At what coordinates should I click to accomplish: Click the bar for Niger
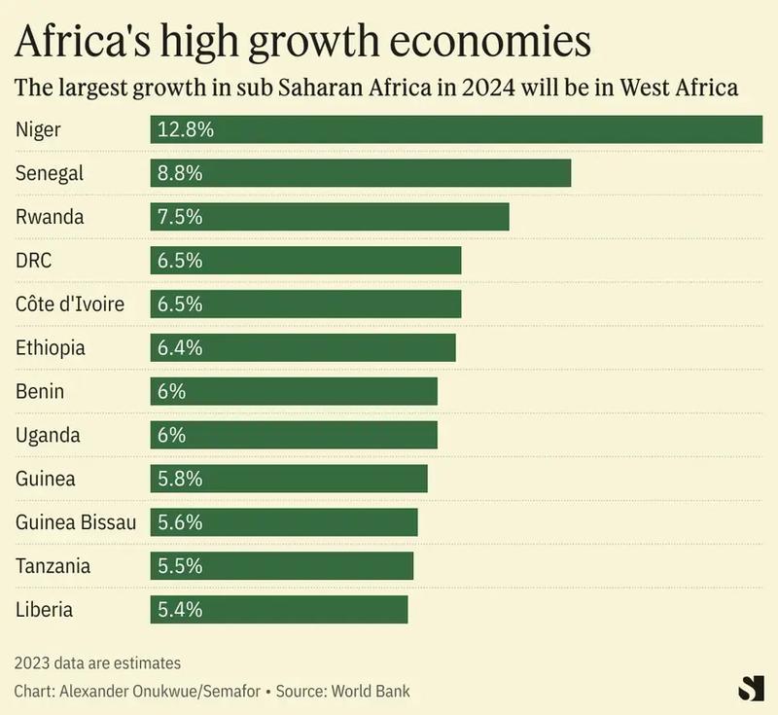pyautogui.click(x=457, y=129)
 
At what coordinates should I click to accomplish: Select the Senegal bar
pyautogui.click(x=360, y=173)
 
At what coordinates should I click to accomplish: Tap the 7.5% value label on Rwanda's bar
pyautogui.click(x=180, y=217)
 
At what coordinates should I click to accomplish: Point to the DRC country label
pyautogui.click(x=33, y=261)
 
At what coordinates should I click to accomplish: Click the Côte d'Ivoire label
pyautogui.click(x=70, y=304)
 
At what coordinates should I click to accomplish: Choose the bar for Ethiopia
pyautogui.click(x=302, y=347)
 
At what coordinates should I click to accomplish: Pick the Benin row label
pyautogui.click(x=40, y=391)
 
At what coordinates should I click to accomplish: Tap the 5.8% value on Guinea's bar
pyautogui.click(x=180, y=479)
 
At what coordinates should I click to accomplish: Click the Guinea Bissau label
pyautogui.click(x=76, y=522)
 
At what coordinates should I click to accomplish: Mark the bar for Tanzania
pyautogui.click(x=282, y=566)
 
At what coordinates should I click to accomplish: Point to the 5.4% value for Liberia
pyautogui.click(x=180, y=610)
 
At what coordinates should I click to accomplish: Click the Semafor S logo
pyautogui.click(x=751, y=687)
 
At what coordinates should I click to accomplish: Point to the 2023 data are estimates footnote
pyautogui.click(x=98, y=662)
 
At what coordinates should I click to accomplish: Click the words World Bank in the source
pyautogui.click(x=371, y=692)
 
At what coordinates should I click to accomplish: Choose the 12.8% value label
pyautogui.click(x=185, y=129)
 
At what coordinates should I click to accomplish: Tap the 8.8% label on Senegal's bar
pyautogui.click(x=180, y=173)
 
